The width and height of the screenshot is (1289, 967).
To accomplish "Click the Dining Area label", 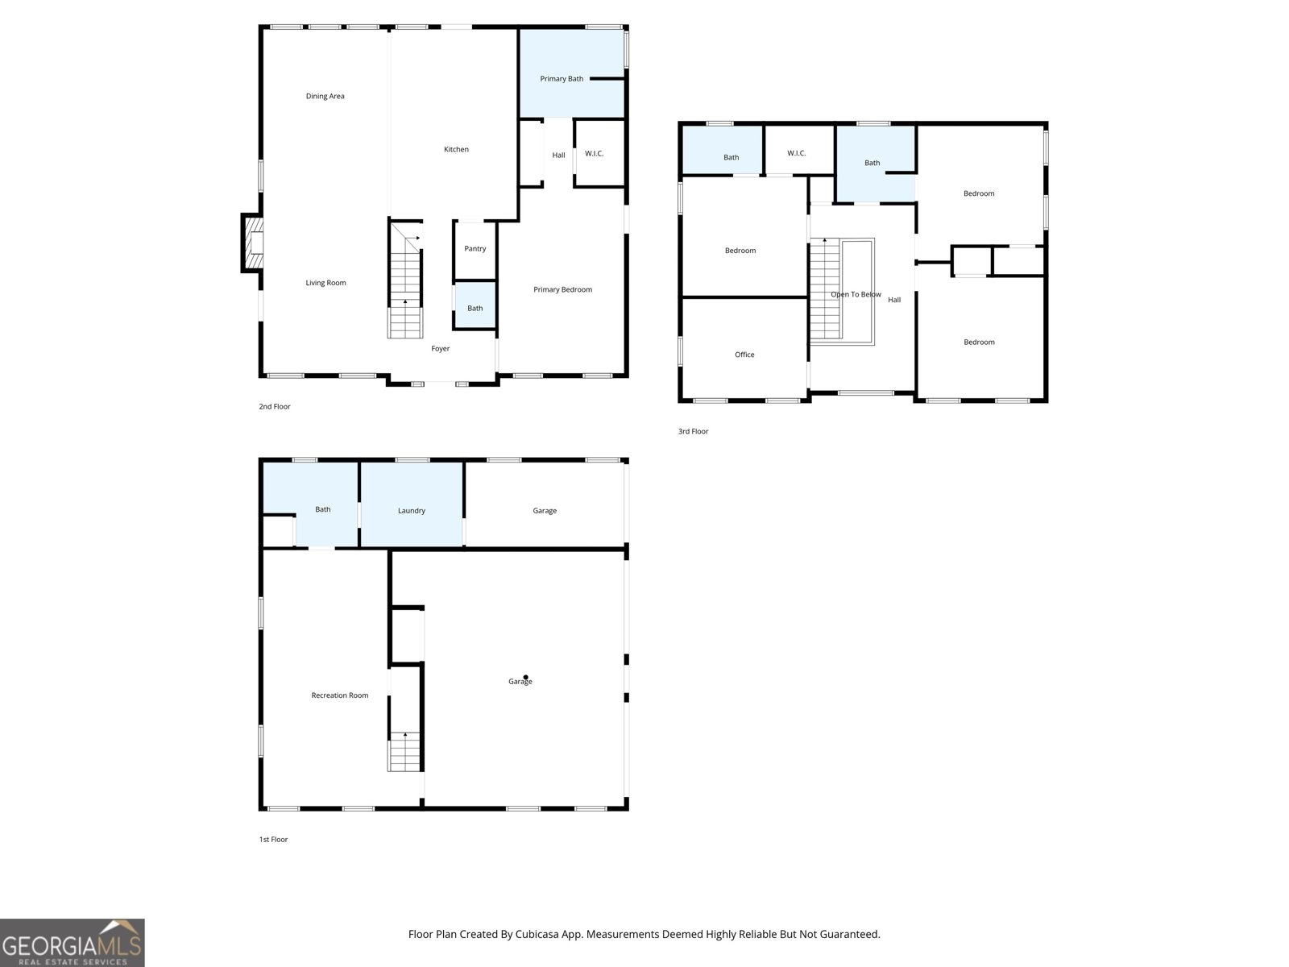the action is [x=325, y=96].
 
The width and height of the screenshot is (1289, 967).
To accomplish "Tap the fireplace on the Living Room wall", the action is [x=252, y=243].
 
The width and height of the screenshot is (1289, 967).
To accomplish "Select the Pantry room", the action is [x=475, y=251].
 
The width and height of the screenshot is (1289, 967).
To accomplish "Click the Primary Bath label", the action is [x=562, y=79].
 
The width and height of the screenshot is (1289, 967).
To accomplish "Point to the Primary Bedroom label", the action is [x=562, y=289].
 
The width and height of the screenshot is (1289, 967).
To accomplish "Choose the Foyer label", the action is [x=441, y=349].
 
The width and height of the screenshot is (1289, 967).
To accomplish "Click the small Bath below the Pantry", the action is [x=475, y=305].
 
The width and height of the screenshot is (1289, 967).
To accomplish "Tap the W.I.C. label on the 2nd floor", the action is [x=594, y=154].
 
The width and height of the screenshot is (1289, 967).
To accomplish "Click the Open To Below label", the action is [x=856, y=295].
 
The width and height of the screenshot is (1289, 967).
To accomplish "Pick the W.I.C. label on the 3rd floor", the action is [x=796, y=153].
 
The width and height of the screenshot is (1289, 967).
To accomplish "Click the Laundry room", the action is [x=411, y=505].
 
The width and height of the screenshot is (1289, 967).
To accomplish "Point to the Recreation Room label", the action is [x=339, y=695].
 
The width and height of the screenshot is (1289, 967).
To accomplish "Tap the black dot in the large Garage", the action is [x=525, y=678].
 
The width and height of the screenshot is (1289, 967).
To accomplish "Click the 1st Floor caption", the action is [x=273, y=840].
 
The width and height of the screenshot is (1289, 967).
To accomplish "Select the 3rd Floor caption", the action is [x=693, y=432].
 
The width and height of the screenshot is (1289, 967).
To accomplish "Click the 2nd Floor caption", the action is [x=274, y=407].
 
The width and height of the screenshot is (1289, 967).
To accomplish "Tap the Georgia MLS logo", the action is [x=73, y=943].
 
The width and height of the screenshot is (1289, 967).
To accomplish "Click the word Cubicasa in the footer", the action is [x=537, y=934].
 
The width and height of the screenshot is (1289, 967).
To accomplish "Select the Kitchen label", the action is [x=456, y=150].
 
